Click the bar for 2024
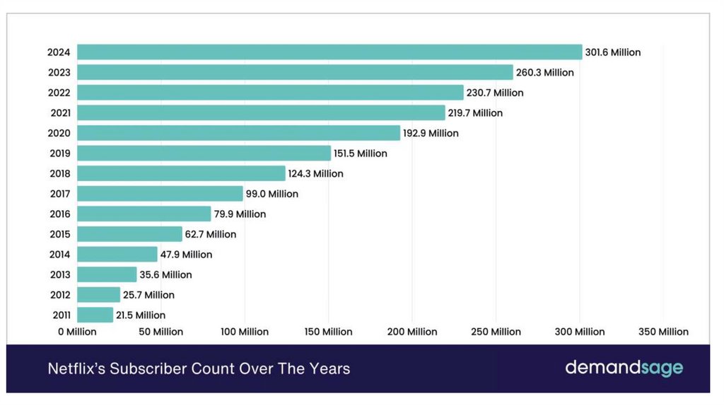[329, 52]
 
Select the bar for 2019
[204, 153]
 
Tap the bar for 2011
[95, 315]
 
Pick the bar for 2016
[144, 214]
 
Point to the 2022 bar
[270, 93]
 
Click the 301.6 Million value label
[613, 52]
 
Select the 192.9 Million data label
[431, 133]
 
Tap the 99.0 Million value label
[272, 194]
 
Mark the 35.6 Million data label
[165, 274]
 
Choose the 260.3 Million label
[545, 72]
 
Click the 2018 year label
[59, 173]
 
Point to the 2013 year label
[59, 274]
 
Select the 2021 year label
[59, 112]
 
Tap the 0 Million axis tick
[77, 332]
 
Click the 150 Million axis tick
[328, 332]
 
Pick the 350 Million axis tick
[662, 332]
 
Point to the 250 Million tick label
[496, 332]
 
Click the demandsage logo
[624, 368]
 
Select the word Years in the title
[329, 369]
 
